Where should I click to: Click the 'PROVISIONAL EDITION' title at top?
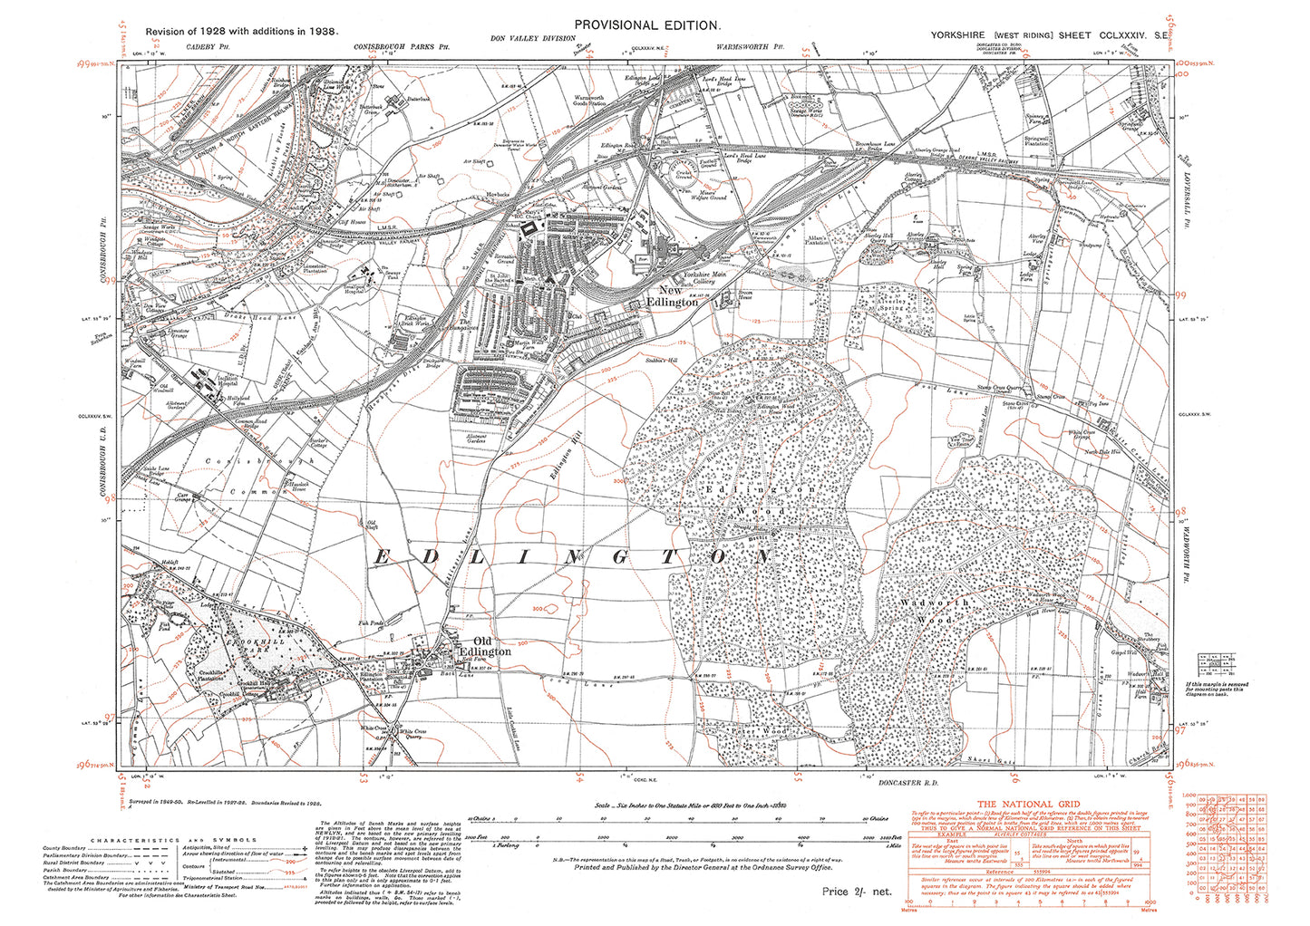click(x=647, y=25)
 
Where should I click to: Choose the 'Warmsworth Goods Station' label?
click(x=588, y=101)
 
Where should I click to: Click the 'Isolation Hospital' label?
click(x=201, y=381)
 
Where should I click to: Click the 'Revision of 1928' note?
click(x=241, y=31)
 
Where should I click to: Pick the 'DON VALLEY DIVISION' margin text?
click(x=532, y=39)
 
